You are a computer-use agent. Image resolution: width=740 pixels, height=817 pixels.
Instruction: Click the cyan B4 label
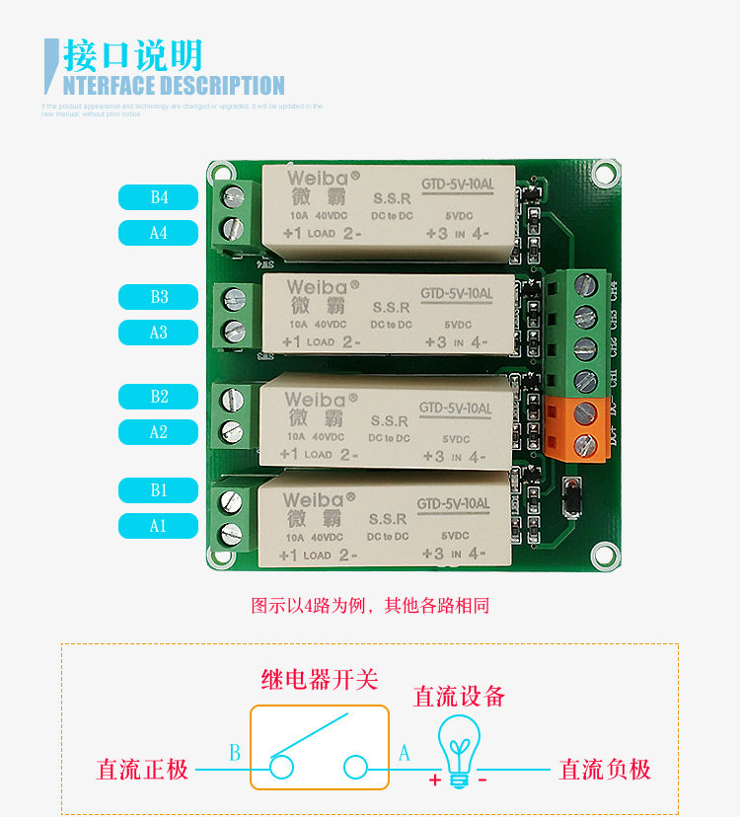pyautogui.click(x=158, y=197)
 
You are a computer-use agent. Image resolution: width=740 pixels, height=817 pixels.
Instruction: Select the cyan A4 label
pyautogui.click(x=158, y=233)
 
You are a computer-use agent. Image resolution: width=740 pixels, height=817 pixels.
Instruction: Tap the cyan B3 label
pyautogui.click(x=158, y=296)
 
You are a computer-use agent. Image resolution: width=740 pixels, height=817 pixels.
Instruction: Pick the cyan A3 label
pyautogui.click(x=158, y=333)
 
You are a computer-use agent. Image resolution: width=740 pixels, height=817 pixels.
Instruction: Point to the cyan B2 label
pyautogui.click(x=158, y=397)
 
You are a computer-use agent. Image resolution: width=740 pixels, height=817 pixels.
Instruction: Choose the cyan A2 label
pyautogui.click(x=158, y=432)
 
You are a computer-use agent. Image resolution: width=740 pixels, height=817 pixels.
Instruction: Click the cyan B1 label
pyautogui.click(x=158, y=489)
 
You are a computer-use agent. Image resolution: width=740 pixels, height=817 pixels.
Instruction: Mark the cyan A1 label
pyautogui.click(x=158, y=526)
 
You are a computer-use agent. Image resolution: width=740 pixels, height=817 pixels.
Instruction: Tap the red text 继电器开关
pyautogui.click(x=320, y=679)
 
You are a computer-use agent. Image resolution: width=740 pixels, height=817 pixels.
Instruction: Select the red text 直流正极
pyautogui.click(x=142, y=769)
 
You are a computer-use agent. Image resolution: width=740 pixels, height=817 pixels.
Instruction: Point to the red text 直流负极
pyautogui.click(x=605, y=769)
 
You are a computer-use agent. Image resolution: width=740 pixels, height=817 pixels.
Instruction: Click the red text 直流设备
pyautogui.click(x=459, y=696)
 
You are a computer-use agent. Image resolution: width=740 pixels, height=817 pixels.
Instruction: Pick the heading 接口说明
pyautogui.click(x=132, y=55)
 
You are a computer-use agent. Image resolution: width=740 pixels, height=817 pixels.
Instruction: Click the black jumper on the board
pyautogui.click(x=569, y=498)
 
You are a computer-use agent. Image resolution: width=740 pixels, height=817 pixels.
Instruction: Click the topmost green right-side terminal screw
pyautogui.click(x=586, y=287)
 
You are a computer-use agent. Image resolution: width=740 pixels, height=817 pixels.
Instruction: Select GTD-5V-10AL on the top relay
pyautogui.click(x=457, y=184)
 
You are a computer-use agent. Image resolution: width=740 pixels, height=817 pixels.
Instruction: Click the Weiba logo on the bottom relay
pyautogui.click(x=314, y=500)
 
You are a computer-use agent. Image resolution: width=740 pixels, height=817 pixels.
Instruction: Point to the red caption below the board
pyautogui.click(x=370, y=606)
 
